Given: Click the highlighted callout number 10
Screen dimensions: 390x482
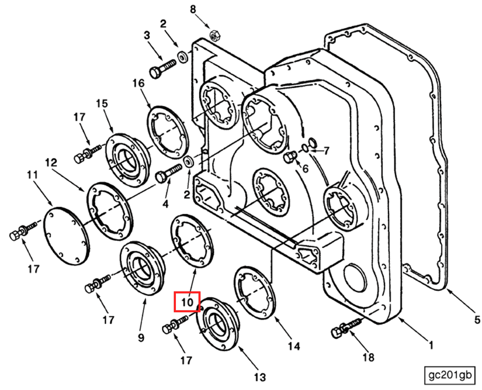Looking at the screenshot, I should click(x=187, y=302).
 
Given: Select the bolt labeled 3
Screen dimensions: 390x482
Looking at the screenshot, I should click(x=162, y=68).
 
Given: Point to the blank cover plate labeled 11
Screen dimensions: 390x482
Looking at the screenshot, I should click(x=66, y=236).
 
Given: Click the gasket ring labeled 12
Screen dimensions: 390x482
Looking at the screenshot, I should click(x=110, y=211).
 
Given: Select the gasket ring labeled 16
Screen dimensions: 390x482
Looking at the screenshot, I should click(x=168, y=132).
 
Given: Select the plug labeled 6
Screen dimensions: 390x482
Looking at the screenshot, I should click(x=289, y=157).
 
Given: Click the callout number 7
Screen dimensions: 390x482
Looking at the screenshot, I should click(x=326, y=151).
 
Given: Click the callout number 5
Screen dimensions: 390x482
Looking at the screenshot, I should click(x=476, y=320).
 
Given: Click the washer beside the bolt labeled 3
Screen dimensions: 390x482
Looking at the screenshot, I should click(x=182, y=57).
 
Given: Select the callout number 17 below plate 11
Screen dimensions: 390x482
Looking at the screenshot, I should click(x=33, y=269).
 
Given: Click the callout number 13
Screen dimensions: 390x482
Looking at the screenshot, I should click(x=260, y=377).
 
